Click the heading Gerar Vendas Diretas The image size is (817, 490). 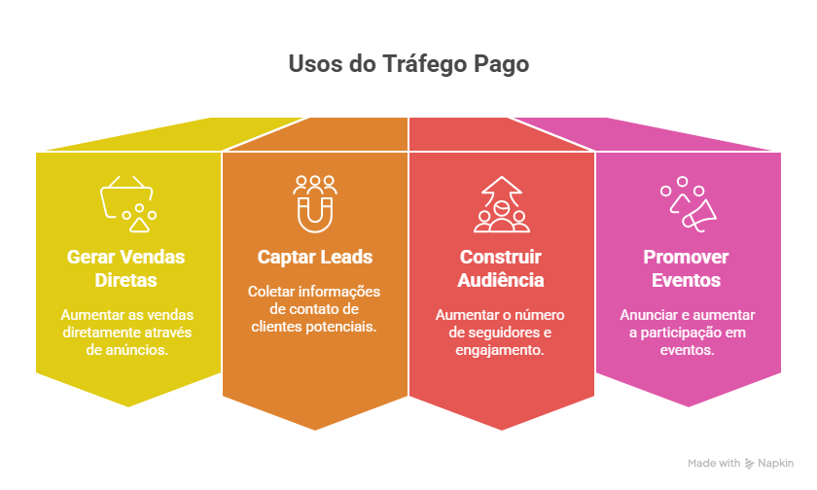tap(126, 268)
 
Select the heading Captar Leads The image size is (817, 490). tap(315, 258)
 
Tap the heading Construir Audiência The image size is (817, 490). tap(502, 268)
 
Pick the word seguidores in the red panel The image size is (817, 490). tap(499, 332)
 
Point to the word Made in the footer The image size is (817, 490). tap(701, 464)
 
